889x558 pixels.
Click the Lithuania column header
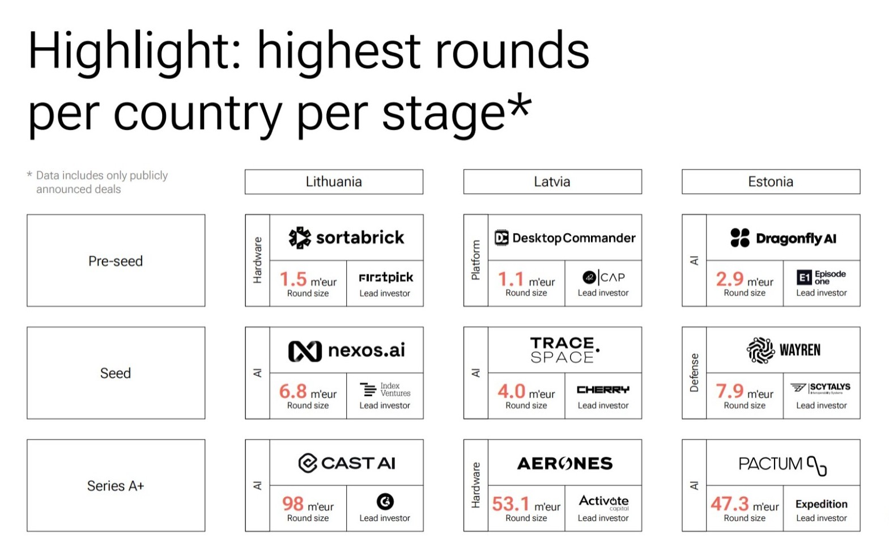click(334, 182)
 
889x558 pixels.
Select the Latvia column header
click(552, 182)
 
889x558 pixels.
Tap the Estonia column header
click(771, 182)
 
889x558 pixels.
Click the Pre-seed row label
click(116, 260)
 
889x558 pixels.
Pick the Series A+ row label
click(116, 485)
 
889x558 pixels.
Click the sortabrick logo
click(346, 238)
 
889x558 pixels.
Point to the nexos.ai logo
click(346, 350)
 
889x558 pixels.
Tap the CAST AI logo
click(346, 463)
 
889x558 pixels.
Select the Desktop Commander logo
click(565, 238)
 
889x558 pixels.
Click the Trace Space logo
click(565, 350)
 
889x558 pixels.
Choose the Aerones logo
click(565, 463)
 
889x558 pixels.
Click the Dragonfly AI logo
click(783, 238)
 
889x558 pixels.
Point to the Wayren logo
click(783, 350)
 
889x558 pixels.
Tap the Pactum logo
click(782, 464)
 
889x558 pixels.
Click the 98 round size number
click(293, 504)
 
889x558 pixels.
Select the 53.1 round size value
click(511, 504)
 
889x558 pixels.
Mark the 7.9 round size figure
click(729, 391)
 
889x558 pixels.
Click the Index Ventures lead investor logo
click(385, 390)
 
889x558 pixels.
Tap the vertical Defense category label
click(694, 373)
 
